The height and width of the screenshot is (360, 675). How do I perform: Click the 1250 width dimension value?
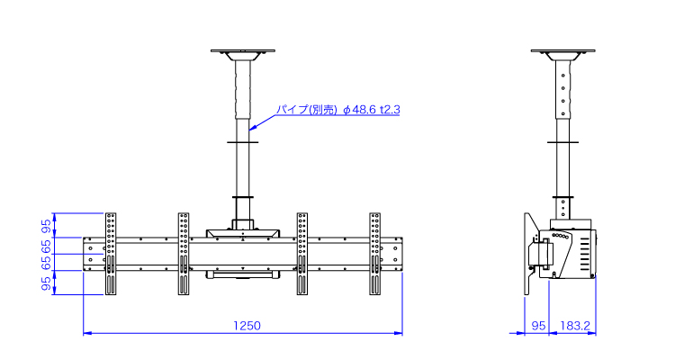pyautogui.click(x=247, y=326)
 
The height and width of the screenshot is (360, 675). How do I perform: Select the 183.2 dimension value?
pyautogui.click(x=575, y=326)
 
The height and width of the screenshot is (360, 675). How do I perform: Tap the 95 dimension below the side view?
pyautogui.click(x=538, y=326)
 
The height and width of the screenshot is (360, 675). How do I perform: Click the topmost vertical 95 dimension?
pyautogui.click(x=47, y=226)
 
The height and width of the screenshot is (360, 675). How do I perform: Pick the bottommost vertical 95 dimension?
pyautogui.click(x=47, y=283)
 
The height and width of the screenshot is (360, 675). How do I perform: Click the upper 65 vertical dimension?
pyautogui.click(x=47, y=247)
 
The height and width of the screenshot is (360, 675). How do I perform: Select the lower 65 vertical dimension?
pyautogui.click(x=47, y=263)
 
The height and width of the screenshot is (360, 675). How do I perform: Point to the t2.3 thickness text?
pyautogui.click(x=390, y=110)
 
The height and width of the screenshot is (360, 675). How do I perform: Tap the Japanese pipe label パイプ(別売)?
pyautogui.click(x=307, y=110)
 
